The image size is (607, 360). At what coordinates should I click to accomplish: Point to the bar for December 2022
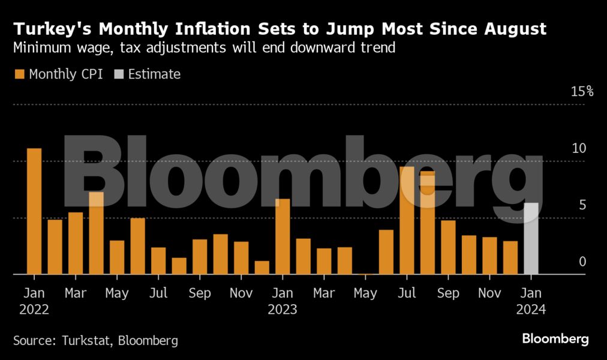coord(262,268)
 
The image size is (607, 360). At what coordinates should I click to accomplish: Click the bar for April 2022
coord(97,233)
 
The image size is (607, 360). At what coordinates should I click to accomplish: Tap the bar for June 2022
coord(138,246)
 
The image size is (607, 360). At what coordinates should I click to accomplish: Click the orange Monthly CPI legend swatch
coord(19,74)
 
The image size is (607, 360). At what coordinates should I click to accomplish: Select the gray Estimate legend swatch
coord(118,74)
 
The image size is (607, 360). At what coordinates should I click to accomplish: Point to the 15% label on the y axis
coord(582,92)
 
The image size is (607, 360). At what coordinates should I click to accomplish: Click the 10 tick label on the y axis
coord(578,149)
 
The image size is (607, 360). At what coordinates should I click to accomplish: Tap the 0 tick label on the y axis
coord(582,262)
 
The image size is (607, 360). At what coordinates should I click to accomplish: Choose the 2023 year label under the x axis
coord(282,310)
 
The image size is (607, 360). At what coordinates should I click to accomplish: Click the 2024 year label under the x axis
coord(530,310)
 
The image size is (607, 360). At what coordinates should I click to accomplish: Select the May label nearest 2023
coord(365,293)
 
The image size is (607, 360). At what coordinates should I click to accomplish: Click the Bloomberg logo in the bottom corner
coord(555,339)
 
